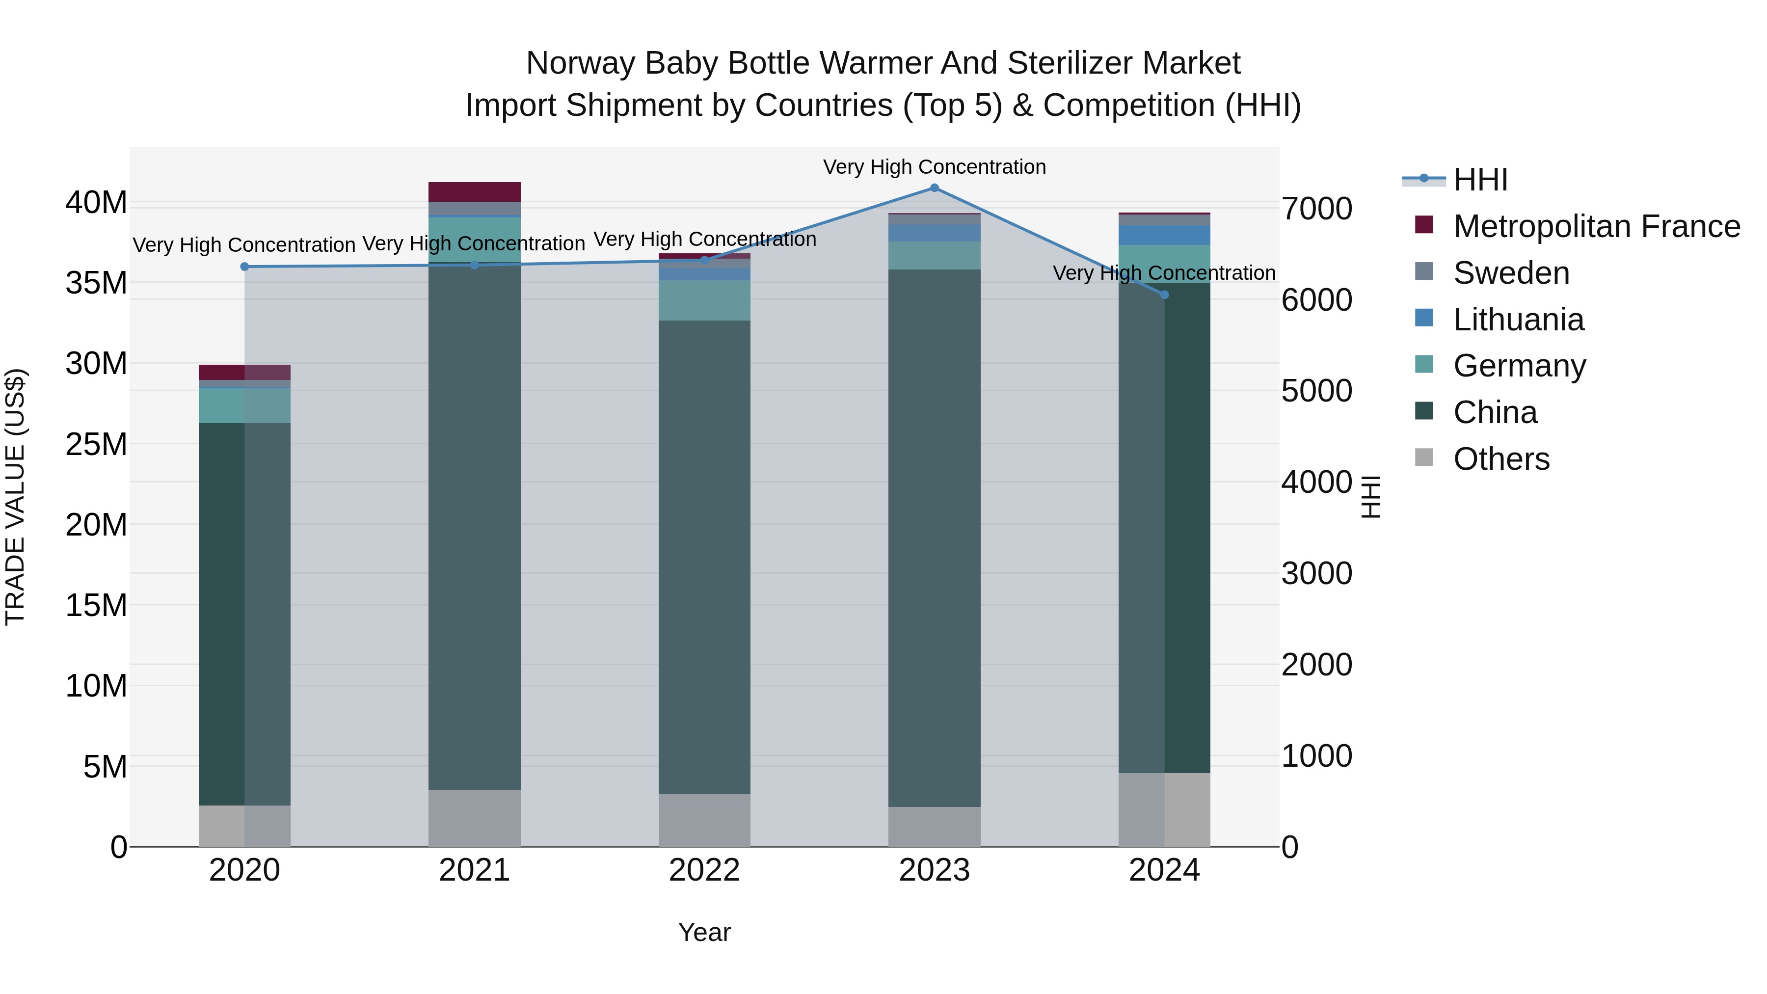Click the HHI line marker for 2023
934,188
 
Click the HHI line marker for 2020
245,267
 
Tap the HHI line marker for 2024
1164,295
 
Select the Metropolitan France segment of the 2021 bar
475,191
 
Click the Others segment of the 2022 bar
704,820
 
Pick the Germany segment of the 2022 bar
704,300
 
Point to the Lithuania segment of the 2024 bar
1164,235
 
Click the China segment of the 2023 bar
934,538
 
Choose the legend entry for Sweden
1511,273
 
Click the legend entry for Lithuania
1519,320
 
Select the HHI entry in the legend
1480,180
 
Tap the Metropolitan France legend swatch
1424,225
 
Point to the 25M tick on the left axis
96,445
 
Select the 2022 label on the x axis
704,870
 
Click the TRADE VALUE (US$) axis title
15,497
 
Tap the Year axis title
704,932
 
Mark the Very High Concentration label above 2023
934,167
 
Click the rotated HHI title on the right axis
1370,497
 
